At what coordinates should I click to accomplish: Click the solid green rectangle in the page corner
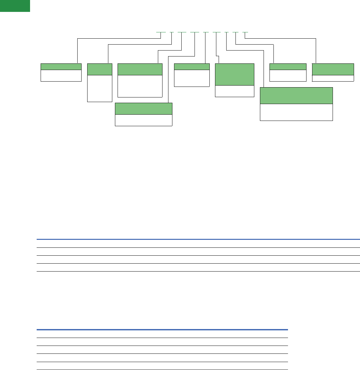click(15, 6)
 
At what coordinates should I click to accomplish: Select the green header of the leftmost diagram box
click(61, 66)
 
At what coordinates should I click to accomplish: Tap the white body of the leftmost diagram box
click(61, 75)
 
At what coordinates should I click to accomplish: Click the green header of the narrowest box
click(99, 69)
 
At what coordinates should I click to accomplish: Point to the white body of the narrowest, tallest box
click(99, 88)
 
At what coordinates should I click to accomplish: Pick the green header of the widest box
click(296, 95)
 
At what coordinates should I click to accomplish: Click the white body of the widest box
click(296, 112)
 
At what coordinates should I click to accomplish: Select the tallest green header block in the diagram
click(234, 75)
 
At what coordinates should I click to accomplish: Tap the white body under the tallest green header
click(234, 91)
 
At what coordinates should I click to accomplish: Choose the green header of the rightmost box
click(333, 69)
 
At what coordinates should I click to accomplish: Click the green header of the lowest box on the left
click(143, 109)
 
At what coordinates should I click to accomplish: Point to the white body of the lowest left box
click(143, 120)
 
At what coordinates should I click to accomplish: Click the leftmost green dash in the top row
click(161, 32)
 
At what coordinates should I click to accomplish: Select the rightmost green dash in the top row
click(245, 32)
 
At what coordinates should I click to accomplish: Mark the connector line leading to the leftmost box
click(77, 50)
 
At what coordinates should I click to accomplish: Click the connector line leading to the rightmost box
click(316, 50)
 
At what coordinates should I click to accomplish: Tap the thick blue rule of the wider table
click(198, 239)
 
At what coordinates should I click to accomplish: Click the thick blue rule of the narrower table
click(162, 329)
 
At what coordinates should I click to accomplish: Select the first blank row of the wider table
click(198, 243)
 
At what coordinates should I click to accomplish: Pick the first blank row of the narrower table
click(162, 334)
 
